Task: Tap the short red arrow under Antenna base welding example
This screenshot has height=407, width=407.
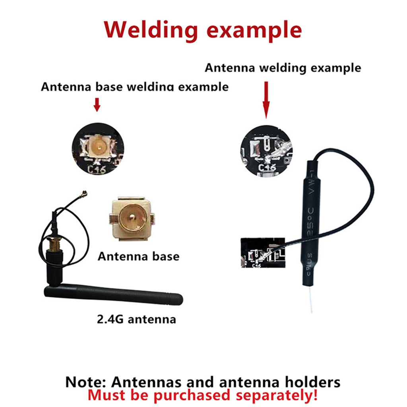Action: pos(97,104)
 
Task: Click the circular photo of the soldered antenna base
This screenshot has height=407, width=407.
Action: pos(97,151)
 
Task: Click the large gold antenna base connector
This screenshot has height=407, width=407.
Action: pos(132,219)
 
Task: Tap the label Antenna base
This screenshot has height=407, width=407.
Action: pos(138,256)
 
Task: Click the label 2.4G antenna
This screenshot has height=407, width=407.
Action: pos(136,319)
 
